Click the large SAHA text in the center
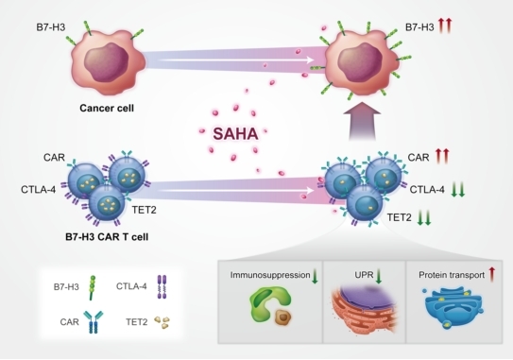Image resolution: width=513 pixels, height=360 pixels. (235, 134)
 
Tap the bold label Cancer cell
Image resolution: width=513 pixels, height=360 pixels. (107, 108)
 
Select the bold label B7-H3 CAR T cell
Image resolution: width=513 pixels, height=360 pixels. (107, 236)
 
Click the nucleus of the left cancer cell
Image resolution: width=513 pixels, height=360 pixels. (107, 61)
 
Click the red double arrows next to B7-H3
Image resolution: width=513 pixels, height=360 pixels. (445, 26)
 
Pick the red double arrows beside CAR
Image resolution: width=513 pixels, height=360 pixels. (442, 156)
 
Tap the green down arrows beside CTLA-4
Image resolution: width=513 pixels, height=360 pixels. (458, 190)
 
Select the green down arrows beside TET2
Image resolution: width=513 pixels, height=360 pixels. (424, 217)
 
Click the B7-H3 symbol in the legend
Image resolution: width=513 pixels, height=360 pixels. (93, 287)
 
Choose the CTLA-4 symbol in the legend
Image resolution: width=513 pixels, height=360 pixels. (162, 286)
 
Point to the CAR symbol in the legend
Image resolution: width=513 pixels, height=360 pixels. (93, 321)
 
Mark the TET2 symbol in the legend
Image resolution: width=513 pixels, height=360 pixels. (162, 322)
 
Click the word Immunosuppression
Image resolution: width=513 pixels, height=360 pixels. (270, 275)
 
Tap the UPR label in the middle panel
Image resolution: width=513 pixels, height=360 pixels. (364, 275)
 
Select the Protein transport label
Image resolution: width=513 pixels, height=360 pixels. (452, 275)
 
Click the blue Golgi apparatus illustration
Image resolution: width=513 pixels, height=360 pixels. (453, 306)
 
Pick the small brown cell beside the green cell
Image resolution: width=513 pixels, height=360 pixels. (283, 317)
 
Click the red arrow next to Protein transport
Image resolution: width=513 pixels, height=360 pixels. (491, 274)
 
